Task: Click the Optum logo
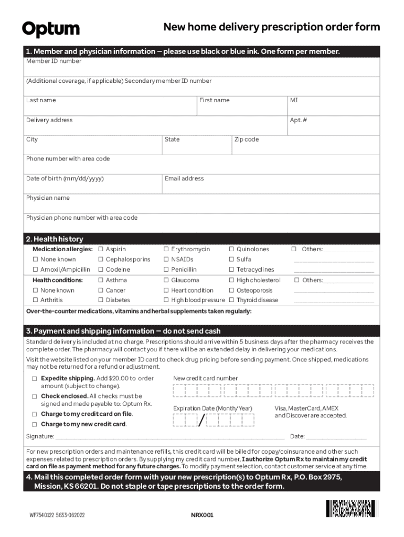(51, 29)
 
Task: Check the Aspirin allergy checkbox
(101, 250)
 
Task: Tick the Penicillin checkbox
(166, 270)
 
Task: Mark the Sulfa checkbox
(231, 260)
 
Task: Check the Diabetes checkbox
(101, 300)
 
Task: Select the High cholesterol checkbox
(231, 281)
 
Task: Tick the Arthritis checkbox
(36, 300)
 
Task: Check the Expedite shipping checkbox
(34, 379)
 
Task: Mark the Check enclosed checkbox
(34, 396)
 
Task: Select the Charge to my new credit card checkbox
(34, 424)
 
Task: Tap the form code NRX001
(202, 515)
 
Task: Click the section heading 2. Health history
(55, 239)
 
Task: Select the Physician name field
(202, 206)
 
